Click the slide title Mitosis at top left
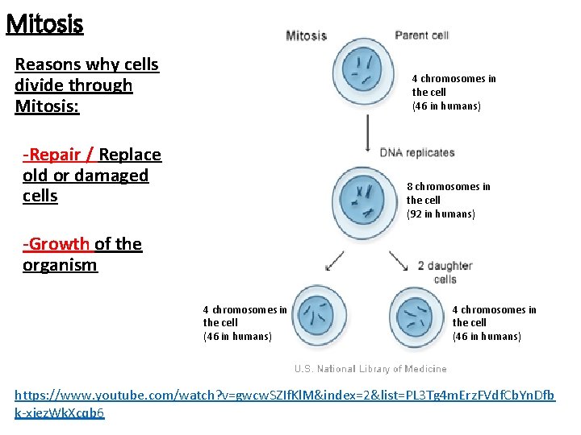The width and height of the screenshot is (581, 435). click(x=44, y=24)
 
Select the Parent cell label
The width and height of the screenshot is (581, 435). click(x=421, y=35)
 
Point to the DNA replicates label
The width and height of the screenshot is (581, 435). click(x=417, y=152)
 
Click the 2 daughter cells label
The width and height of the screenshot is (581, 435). click(x=445, y=272)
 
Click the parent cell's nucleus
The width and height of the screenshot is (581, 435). click(x=362, y=72)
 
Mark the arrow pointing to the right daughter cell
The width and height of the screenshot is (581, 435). click(x=398, y=260)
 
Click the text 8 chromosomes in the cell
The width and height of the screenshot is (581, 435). click(x=448, y=193)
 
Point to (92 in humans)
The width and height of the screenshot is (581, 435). click(x=441, y=214)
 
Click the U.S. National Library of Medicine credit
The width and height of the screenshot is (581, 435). click(x=370, y=369)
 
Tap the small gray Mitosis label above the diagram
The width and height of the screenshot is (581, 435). click(x=306, y=35)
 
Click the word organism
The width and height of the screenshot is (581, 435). click(x=60, y=265)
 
